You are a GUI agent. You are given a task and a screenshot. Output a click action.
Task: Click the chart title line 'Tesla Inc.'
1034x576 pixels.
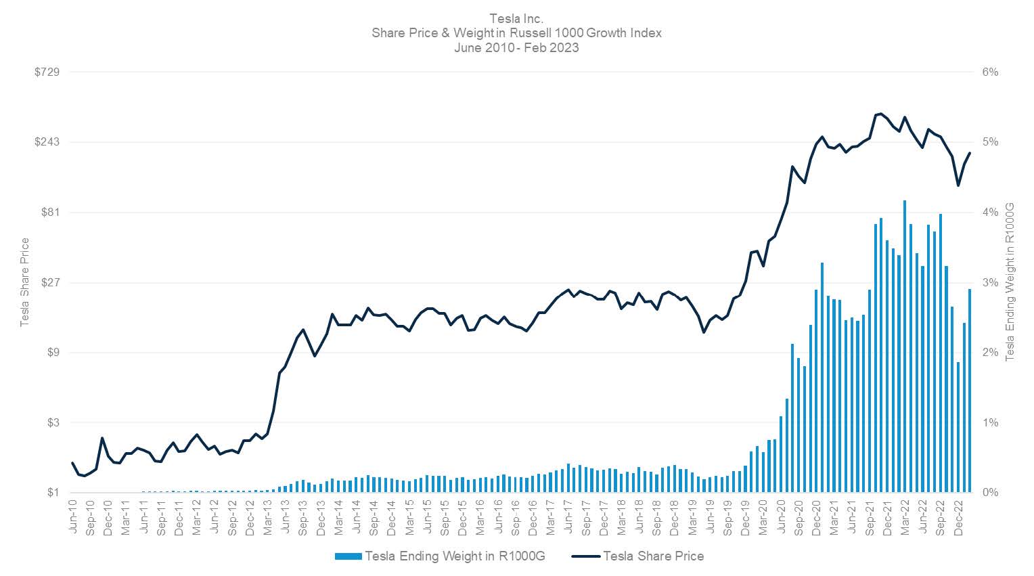coord(516,18)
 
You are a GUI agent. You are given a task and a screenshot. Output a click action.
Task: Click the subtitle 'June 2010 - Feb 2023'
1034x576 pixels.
coord(516,47)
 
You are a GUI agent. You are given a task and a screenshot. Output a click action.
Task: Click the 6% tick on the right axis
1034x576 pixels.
coord(990,72)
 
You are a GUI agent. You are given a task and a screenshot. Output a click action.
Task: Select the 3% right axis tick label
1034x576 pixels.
coord(990,282)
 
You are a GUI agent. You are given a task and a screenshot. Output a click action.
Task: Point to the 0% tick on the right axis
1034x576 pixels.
coord(990,493)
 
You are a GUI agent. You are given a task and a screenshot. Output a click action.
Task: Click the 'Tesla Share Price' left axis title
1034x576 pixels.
coord(25,282)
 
